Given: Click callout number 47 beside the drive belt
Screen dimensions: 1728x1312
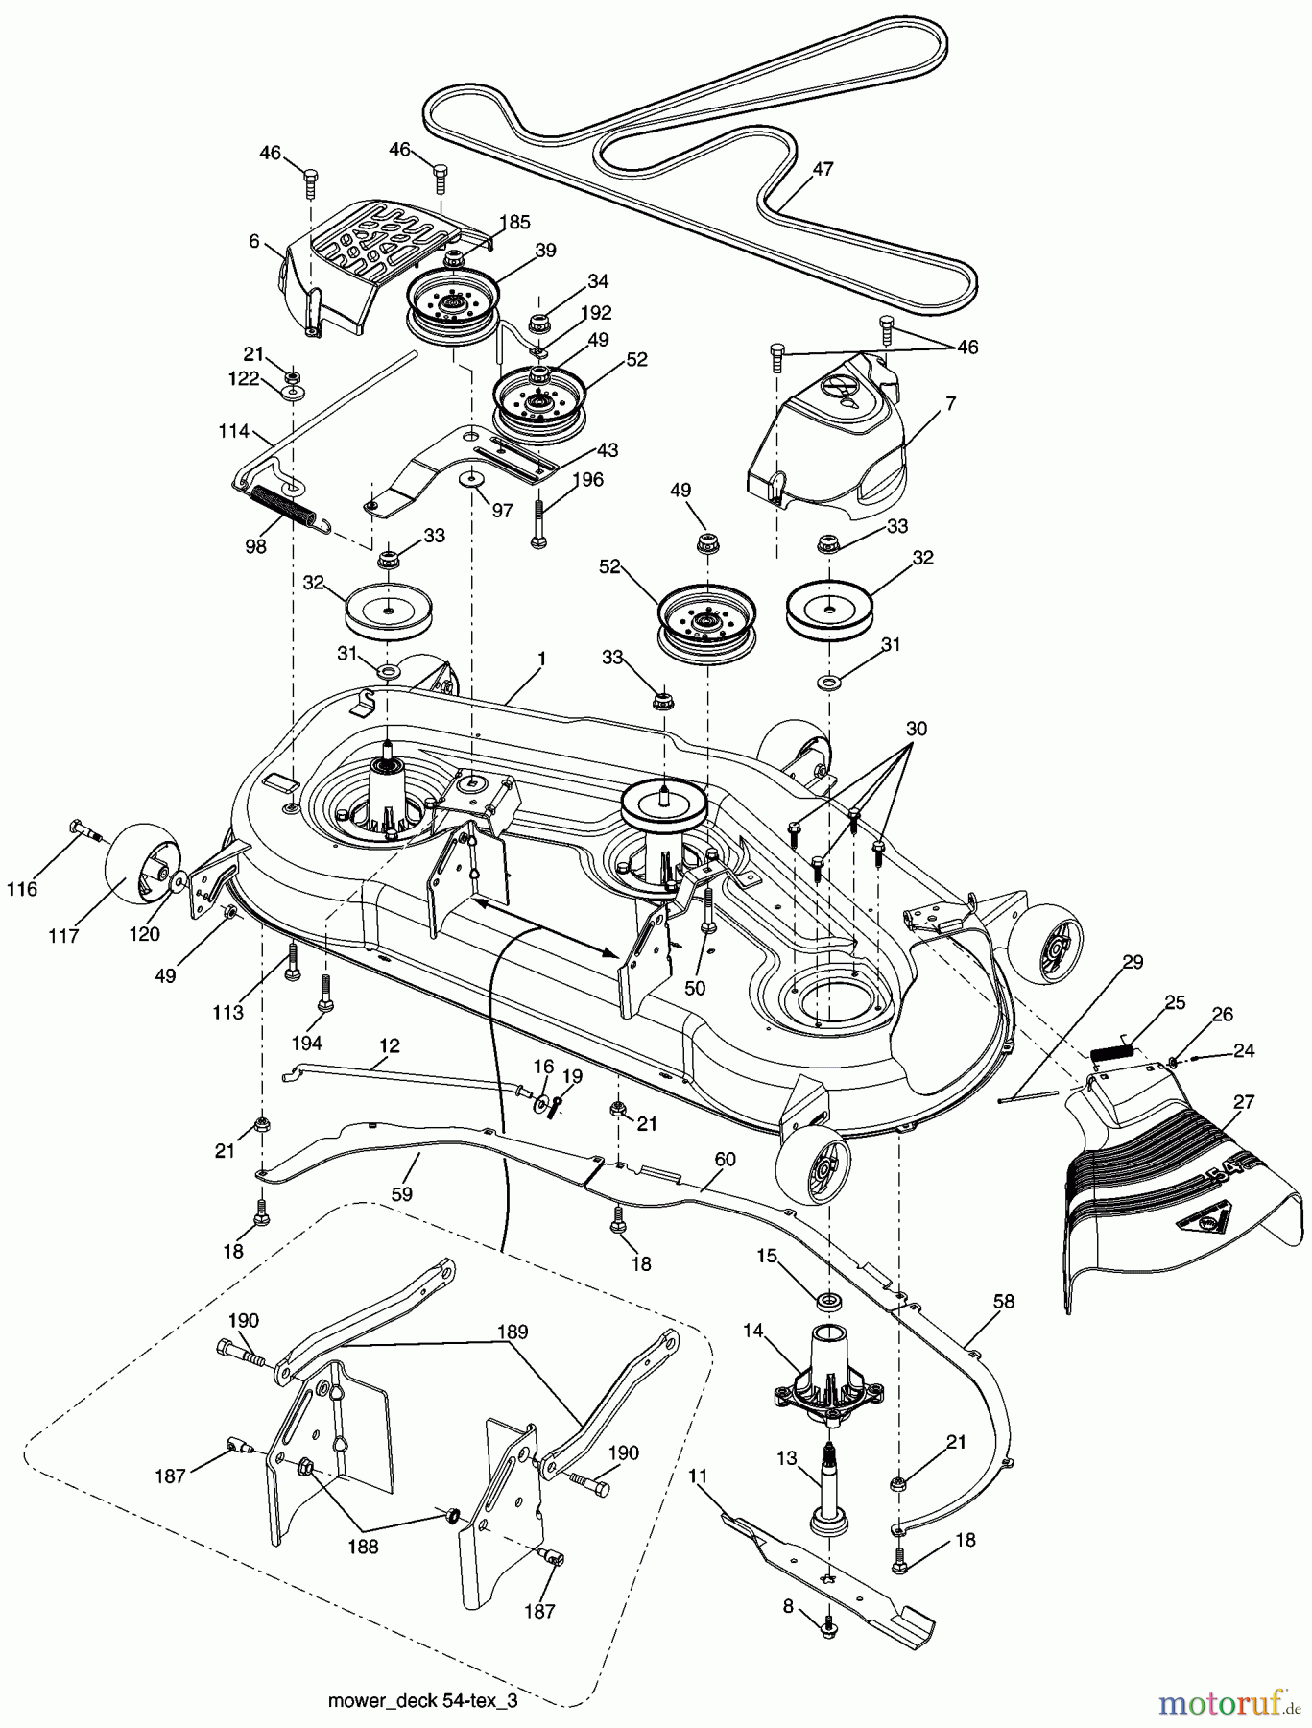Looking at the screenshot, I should [x=823, y=169].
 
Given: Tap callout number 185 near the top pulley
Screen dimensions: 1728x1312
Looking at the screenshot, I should [x=515, y=222].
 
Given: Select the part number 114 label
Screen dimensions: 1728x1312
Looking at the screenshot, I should [x=233, y=432].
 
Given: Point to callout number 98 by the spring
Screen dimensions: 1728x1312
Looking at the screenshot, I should [x=255, y=545].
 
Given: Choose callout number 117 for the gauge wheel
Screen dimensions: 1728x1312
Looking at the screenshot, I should [x=64, y=936].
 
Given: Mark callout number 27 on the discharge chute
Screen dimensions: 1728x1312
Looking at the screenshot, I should [x=1243, y=1102].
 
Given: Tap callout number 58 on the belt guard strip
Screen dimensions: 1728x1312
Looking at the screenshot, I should [x=1003, y=1302].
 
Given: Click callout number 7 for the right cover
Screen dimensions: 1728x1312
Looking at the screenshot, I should [x=950, y=404].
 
